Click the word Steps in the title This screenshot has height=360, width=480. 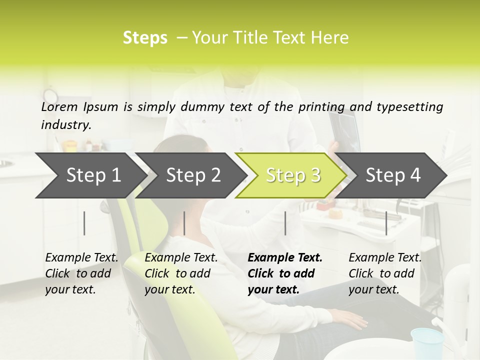tap(145, 38)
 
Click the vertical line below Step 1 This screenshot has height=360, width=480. tap(84, 223)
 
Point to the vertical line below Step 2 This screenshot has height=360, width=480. tap(184, 223)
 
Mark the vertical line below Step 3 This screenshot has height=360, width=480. tap(285, 223)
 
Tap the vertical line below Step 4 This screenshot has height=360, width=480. tap(386, 223)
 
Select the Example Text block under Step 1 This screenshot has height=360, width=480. tap(81, 273)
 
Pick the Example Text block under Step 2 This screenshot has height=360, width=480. tap(181, 273)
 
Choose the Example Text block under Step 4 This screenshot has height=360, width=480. tap(385, 273)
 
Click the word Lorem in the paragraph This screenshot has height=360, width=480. tap(59, 106)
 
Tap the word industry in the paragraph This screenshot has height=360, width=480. tap(66, 125)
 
